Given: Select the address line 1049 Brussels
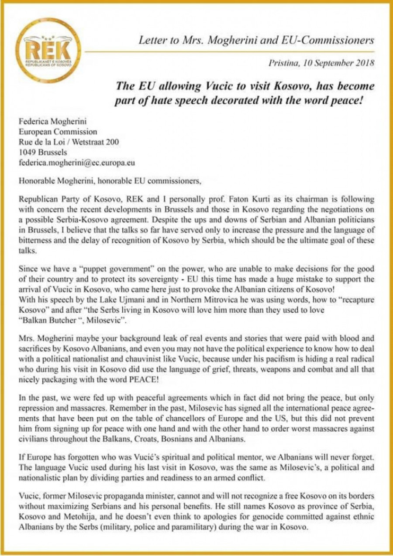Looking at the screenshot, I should [43, 153].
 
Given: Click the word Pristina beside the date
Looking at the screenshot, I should [285, 63].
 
